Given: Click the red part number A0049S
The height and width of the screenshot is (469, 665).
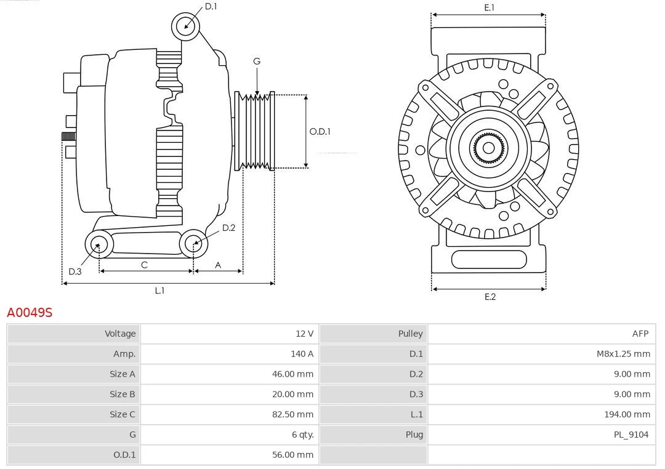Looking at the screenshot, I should (30, 313).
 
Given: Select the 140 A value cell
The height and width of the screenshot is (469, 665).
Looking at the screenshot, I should (302, 354).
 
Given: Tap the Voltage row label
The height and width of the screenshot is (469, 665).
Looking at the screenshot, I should (120, 334).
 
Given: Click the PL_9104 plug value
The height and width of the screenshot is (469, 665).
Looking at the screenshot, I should (631, 435).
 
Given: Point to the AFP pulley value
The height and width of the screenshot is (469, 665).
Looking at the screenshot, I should (640, 334).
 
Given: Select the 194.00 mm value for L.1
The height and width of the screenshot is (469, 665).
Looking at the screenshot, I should (627, 414).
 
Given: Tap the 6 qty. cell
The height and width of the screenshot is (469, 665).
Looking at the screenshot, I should (302, 435).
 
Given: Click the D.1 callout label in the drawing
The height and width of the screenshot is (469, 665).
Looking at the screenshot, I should (211, 6).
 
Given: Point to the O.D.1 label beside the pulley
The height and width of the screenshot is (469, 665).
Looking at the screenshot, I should (320, 131).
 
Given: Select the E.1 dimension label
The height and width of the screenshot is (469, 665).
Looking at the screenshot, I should (490, 7).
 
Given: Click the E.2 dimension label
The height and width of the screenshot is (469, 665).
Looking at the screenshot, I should (490, 297).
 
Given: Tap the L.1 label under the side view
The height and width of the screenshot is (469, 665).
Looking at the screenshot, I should (159, 291).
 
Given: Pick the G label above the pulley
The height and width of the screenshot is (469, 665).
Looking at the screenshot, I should (257, 61).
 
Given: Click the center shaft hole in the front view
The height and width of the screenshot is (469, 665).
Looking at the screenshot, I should (488, 148).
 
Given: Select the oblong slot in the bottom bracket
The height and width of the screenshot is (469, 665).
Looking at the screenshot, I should (489, 259).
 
